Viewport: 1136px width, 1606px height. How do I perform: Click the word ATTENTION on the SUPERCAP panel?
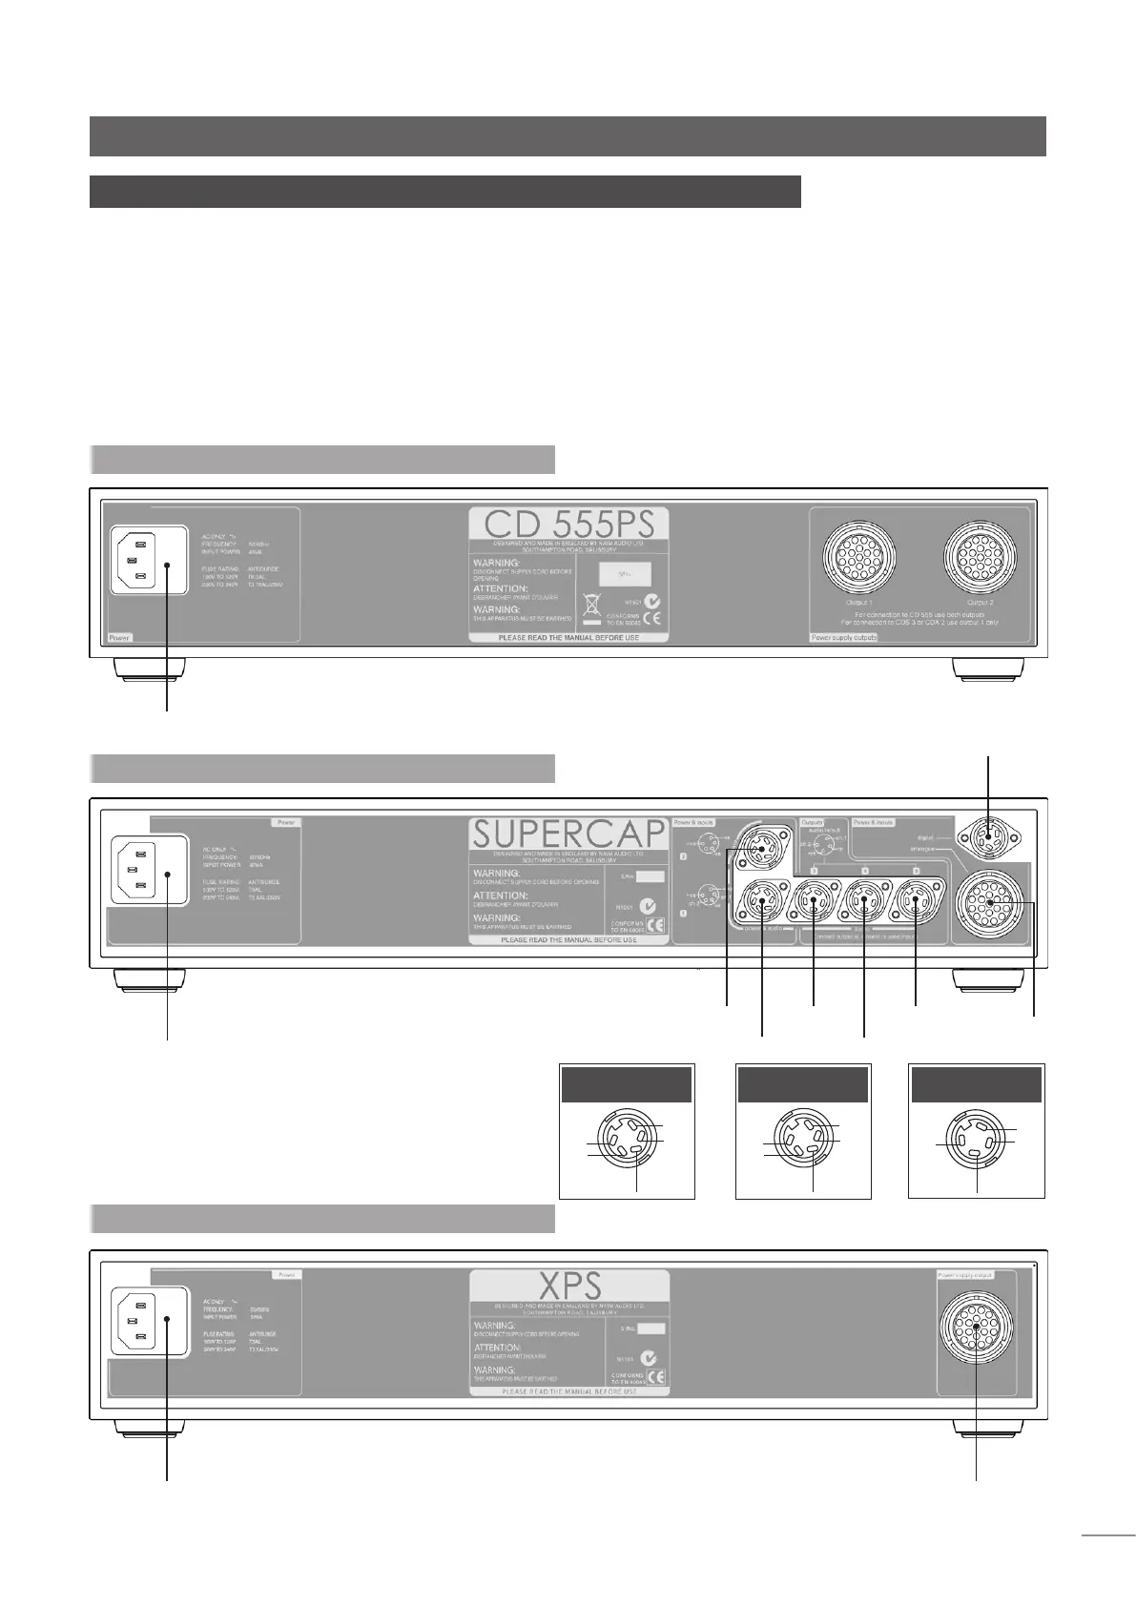(503, 896)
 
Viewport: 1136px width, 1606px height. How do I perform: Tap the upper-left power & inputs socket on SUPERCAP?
(760, 849)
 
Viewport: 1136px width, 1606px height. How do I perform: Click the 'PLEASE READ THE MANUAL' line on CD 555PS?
(568, 638)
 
